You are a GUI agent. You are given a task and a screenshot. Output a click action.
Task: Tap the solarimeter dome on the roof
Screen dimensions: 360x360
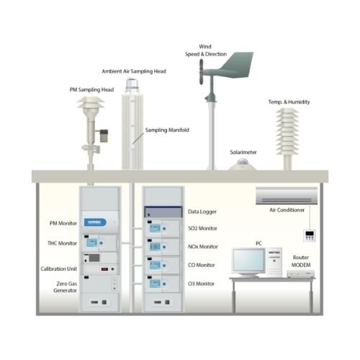tap(243, 164)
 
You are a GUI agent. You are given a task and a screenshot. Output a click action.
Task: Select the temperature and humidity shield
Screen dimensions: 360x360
tap(287, 132)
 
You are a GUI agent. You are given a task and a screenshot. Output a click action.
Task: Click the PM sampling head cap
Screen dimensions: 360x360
tap(91, 102)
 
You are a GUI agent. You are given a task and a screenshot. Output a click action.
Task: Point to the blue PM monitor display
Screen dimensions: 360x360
tap(95, 222)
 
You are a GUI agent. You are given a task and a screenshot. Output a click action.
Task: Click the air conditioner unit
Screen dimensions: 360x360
tap(287, 196)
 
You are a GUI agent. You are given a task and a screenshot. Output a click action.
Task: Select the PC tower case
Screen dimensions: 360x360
tap(274, 262)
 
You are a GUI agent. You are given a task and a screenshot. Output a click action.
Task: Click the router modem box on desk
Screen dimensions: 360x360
tap(301, 274)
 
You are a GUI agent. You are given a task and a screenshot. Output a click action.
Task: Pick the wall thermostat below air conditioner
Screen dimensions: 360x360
tap(310, 235)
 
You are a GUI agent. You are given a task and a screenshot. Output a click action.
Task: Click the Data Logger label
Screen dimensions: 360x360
tap(202, 212)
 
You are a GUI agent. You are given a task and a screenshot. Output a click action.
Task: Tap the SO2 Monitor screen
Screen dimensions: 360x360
tap(155, 228)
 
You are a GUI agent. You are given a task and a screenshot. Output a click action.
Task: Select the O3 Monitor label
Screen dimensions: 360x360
tap(201, 284)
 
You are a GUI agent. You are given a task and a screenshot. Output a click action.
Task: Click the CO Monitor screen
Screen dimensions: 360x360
tap(155, 265)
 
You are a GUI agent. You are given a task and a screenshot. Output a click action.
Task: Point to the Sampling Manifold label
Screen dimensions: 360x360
tap(167, 130)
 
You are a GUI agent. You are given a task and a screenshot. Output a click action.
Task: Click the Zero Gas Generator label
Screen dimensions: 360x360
tap(66, 287)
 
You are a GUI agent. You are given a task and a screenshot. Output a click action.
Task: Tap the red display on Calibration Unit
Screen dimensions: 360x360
tap(104, 269)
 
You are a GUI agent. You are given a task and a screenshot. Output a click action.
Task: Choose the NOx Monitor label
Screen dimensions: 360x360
tap(203, 246)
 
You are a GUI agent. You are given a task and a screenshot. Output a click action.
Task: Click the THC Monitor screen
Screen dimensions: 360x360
tap(92, 243)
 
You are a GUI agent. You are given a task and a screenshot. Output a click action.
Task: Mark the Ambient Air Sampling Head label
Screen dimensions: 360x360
tap(134, 71)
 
